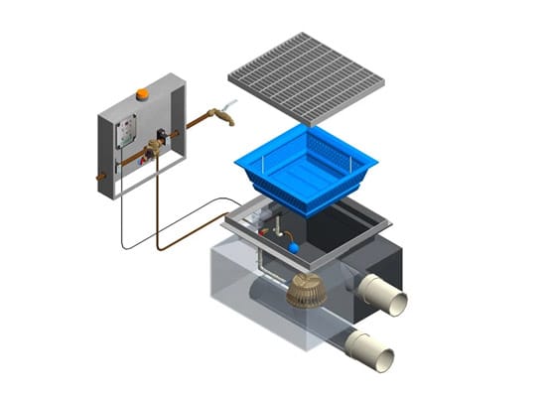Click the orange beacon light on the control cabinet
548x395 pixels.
(142, 94)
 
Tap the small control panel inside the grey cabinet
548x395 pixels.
(126, 132)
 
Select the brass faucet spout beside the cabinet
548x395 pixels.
(223, 117)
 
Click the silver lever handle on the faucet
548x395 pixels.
(232, 105)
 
